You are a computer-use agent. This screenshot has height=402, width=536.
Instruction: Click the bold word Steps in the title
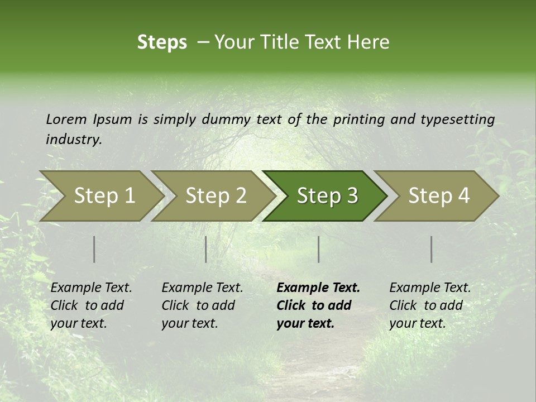(162, 42)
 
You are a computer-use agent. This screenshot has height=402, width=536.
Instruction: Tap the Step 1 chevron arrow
(100, 196)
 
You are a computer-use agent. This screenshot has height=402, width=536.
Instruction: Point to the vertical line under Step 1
(94, 249)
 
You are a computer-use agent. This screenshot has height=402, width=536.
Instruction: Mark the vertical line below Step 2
(206, 249)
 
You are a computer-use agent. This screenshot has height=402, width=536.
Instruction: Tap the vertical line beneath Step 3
(319, 249)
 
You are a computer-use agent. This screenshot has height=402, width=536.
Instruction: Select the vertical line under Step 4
(432, 249)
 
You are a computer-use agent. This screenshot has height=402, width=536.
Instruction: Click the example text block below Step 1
(90, 305)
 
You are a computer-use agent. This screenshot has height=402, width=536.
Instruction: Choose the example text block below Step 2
(202, 305)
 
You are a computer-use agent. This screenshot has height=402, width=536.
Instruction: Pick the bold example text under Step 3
(317, 305)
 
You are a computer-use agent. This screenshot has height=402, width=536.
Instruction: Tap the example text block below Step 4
(429, 305)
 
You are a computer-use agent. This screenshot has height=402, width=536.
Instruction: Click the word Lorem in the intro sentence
(66, 119)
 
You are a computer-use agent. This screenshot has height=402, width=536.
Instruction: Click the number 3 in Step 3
(351, 196)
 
